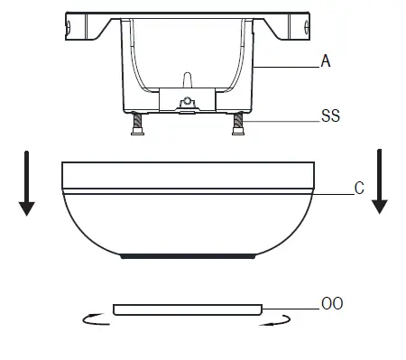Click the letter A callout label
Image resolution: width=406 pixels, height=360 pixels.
tap(326, 61)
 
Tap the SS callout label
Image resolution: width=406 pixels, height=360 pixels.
tap(330, 115)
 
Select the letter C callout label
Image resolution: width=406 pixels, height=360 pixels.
tap(359, 189)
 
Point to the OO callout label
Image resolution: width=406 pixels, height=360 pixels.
tap(332, 303)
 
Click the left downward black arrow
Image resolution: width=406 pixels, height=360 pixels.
tap(27, 183)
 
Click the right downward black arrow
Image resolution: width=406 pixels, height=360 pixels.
tap(380, 181)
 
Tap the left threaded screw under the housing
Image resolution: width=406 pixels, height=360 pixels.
tap(137, 124)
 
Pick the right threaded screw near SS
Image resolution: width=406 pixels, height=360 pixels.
tap(238, 124)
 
